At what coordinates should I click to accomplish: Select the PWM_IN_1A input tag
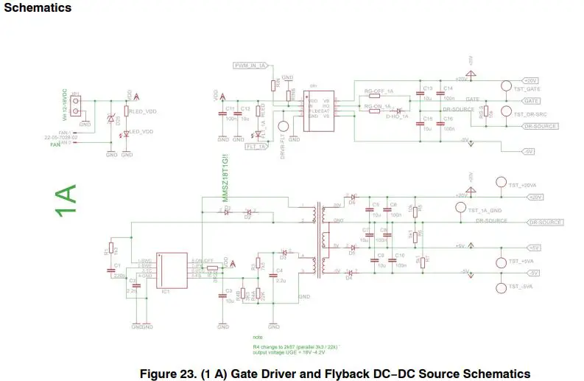click(250, 66)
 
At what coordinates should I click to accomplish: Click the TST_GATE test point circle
click(506, 86)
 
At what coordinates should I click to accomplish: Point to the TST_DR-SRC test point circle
click(506, 112)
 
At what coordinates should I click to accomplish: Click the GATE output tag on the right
click(532, 99)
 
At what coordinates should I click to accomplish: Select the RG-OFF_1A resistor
click(379, 97)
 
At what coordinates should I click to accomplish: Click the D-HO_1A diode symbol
click(398, 111)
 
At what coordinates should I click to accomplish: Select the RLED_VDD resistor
click(127, 111)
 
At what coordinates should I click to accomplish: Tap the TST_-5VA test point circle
click(502, 287)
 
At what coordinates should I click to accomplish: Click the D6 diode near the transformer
click(352, 198)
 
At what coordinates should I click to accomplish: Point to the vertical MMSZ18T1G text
click(217, 180)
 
